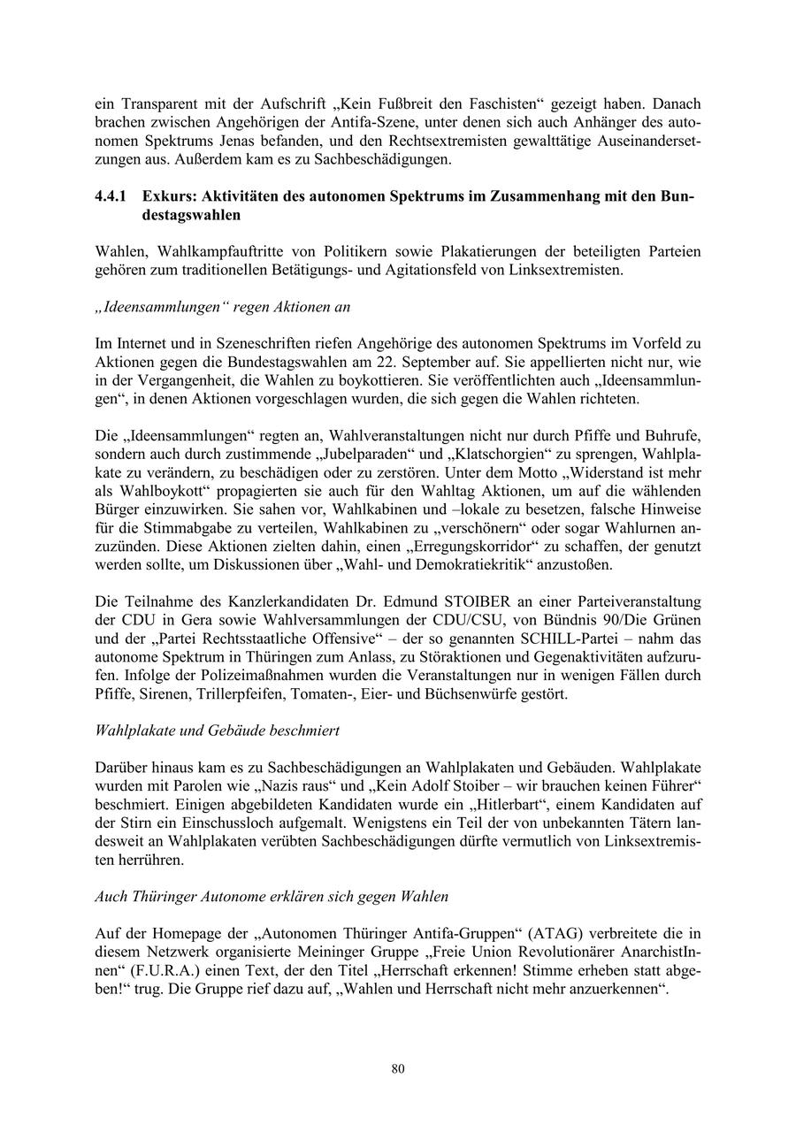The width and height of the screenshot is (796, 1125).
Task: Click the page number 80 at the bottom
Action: pos(398,1069)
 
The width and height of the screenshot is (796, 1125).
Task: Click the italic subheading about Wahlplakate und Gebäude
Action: pos(217,731)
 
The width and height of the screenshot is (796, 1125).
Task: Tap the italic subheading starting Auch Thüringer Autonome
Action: pos(272,896)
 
